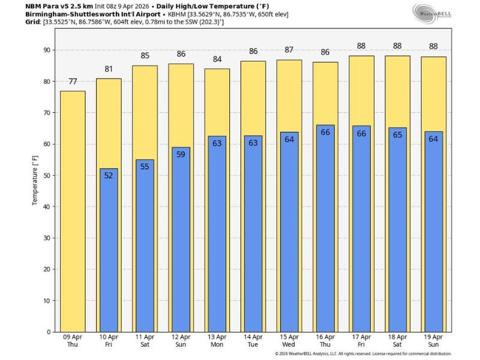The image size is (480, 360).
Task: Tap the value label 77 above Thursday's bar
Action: click(73, 82)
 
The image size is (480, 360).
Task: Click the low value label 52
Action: click(109, 176)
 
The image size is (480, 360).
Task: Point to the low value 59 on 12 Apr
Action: click(181, 154)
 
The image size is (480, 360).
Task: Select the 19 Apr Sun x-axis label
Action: click(433, 340)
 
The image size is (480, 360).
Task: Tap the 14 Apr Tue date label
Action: click(253, 340)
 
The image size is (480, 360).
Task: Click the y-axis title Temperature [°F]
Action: click(35, 180)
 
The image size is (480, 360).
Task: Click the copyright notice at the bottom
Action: click(363, 354)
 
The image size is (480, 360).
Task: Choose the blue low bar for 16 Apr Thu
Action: click(325, 228)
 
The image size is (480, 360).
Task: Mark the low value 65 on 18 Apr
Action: click(397, 135)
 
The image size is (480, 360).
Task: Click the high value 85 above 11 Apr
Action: click(145, 56)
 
